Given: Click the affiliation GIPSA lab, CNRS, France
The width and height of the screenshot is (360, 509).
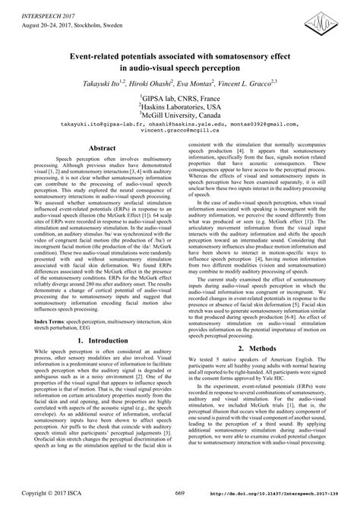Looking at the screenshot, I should [179, 98].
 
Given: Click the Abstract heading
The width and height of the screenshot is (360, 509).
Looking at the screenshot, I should [103, 149].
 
